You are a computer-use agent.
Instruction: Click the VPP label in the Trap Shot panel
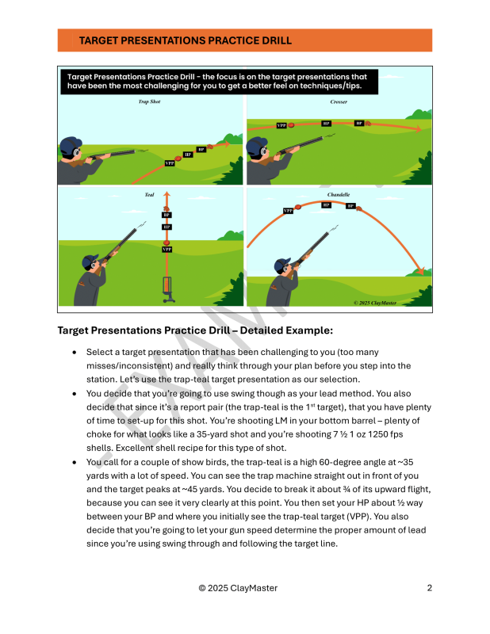coord(170,163)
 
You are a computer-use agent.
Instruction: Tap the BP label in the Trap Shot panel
coord(201,148)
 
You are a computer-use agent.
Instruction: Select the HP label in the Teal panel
coord(167,227)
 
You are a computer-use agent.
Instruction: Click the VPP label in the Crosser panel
coord(281,126)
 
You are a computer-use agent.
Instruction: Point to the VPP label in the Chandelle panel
coord(289,211)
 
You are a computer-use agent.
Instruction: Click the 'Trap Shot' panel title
coord(149,102)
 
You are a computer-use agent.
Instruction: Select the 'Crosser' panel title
coord(339,102)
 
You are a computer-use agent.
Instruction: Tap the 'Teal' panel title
coord(149,194)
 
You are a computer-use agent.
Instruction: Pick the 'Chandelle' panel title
coord(339,194)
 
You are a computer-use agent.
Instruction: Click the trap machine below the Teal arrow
coord(167,288)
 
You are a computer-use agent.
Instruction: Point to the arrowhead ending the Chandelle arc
coord(421,270)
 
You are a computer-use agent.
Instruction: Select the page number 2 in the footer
coord(429,588)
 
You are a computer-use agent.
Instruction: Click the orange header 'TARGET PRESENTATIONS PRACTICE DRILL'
coord(186,40)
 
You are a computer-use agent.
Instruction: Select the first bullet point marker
coord(74,352)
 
